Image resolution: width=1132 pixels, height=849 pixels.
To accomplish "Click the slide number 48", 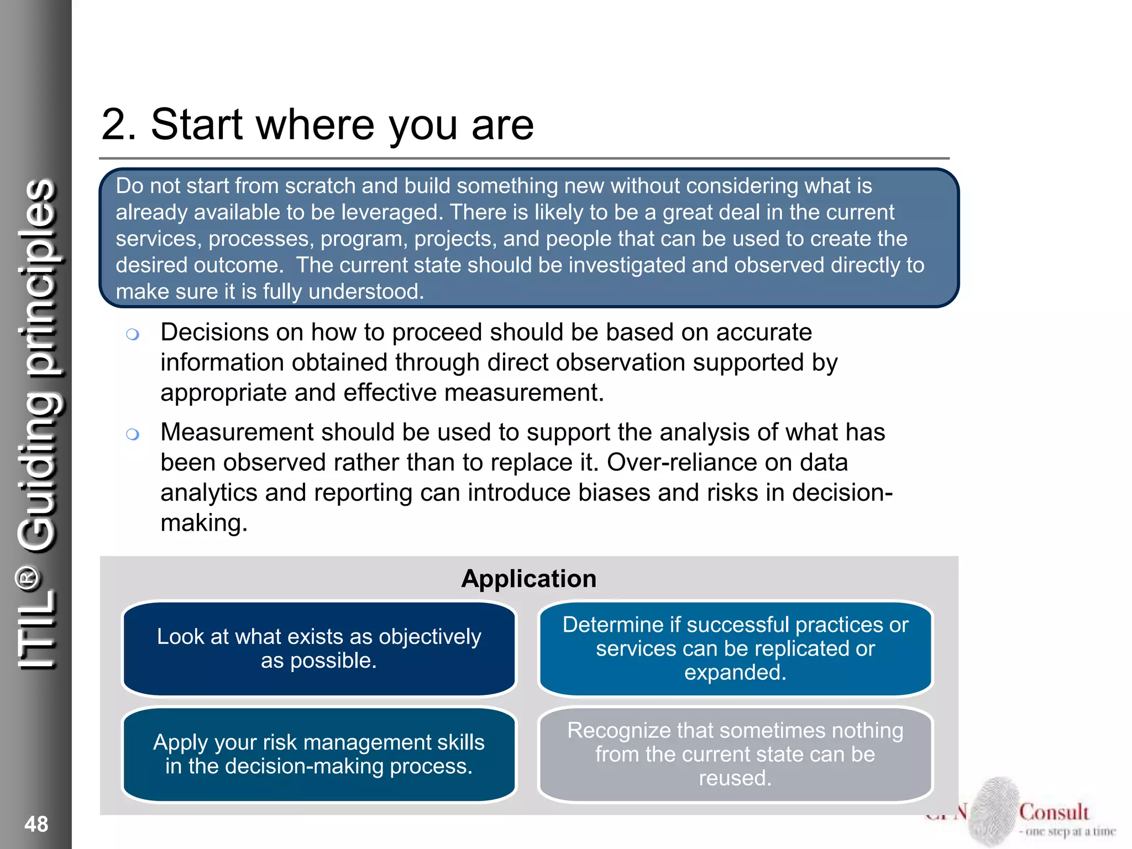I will click(x=36, y=824).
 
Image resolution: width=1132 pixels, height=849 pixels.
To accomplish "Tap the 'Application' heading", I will click(x=529, y=579).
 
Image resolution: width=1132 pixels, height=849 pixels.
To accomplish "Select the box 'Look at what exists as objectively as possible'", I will click(x=319, y=648).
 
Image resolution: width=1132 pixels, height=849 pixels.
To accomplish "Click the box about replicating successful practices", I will click(x=735, y=648).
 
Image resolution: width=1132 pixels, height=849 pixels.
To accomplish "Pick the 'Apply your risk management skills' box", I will click(x=319, y=754).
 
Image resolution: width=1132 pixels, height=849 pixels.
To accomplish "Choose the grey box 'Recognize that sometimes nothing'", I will click(x=735, y=754).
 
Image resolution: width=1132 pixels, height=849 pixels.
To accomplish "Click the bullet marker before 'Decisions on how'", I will click(x=132, y=334).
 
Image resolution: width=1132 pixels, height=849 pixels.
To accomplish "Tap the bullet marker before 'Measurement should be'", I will click(x=132, y=434).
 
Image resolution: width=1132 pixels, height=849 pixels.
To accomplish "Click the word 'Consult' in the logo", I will click(x=1054, y=812).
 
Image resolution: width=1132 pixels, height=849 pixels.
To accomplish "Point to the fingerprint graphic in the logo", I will click(x=995, y=810).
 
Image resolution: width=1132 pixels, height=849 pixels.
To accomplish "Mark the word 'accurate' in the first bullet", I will click(x=764, y=333).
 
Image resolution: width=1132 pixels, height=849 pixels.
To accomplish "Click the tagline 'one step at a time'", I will click(x=1070, y=831).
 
